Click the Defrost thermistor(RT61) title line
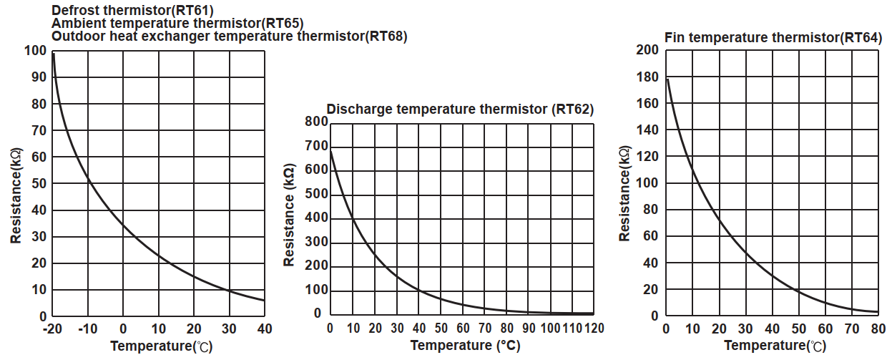click(x=132, y=10)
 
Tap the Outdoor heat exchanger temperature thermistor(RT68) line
click(x=230, y=36)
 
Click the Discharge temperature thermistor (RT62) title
click(x=460, y=109)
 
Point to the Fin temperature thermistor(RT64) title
click(x=773, y=37)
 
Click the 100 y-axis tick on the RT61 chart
click(x=35, y=51)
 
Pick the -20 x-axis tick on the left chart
click(x=53, y=329)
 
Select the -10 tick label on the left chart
click(x=88, y=329)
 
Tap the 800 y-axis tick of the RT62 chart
click(x=315, y=122)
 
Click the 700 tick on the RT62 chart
click(x=315, y=146)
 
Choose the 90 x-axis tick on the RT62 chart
click(x=529, y=328)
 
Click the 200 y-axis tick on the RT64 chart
click(x=647, y=50)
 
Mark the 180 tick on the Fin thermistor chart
click(x=647, y=77)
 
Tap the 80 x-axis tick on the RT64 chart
click(x=879, y=329)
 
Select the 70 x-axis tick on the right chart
click(x=853, y=329)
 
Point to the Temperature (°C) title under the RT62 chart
click(x=465, y=346)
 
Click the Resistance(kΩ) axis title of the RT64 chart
click(x=624, y=193)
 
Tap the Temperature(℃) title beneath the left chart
click(x=162, y=346)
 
